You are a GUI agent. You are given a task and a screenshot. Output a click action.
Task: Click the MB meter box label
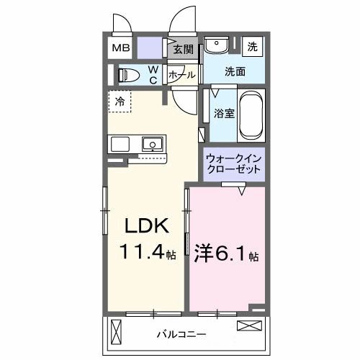click(x=120, y=49)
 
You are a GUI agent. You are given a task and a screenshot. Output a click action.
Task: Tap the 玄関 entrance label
click(x=184, y=50)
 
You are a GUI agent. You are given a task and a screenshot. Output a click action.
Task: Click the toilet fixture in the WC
click(x=128, y=74)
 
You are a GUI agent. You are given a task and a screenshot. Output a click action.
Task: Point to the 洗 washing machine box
click(x=253, y=46)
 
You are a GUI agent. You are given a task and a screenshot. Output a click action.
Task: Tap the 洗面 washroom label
click(x=235, y=72)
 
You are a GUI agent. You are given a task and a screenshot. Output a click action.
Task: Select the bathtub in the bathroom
click(x=251, y=116)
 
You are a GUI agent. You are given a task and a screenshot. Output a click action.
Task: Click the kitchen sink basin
click(x=153, y=145)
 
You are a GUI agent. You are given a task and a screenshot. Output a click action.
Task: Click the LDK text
click(x=148, y=226)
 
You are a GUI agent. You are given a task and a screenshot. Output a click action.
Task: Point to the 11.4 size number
click(x=145, y=253)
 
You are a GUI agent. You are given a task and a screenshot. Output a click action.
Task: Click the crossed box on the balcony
click(x=247, y=326)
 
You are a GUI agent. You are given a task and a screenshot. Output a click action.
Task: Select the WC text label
click(x=153, y=75)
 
